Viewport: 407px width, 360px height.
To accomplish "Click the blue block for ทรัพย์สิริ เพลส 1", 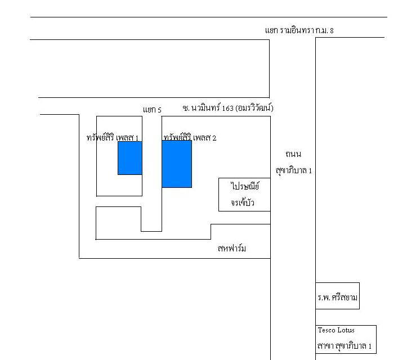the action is tap(130, 158).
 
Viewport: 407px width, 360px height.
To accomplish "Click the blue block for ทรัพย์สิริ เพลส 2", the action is tap(177, 164).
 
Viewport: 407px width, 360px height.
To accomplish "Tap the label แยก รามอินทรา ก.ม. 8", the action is tap(299, 30).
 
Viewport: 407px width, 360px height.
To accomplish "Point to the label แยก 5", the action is tap(152, 110).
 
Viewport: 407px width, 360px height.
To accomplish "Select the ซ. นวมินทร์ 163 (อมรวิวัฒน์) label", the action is tap(228, 107).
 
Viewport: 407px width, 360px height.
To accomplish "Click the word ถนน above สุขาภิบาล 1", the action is tap(293, 154).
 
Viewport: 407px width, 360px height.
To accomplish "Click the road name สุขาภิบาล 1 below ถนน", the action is tap(294, 171).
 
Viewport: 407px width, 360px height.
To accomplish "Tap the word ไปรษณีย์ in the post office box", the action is tap(244, 186).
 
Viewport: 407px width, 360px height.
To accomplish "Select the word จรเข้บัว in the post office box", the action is tap(243, 202).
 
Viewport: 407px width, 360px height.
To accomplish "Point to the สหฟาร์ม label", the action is tap(232, 249).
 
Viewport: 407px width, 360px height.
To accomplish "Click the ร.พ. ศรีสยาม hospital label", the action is tap(337, 297).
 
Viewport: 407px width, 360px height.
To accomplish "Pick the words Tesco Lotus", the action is tap(336, 330).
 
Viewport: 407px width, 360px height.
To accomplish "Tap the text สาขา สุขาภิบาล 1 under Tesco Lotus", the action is tap(345, 346).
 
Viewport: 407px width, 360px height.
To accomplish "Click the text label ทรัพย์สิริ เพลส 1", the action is tap(113, 137).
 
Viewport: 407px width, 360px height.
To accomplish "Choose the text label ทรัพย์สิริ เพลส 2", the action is tap(190, 137).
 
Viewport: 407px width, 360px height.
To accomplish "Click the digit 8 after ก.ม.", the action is tap(332, 31).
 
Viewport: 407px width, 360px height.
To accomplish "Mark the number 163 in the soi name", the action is tap(227, 108).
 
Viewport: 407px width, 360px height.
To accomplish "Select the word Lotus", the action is tap(346, 330).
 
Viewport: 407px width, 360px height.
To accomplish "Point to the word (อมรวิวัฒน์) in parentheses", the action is tap(254, 107).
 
